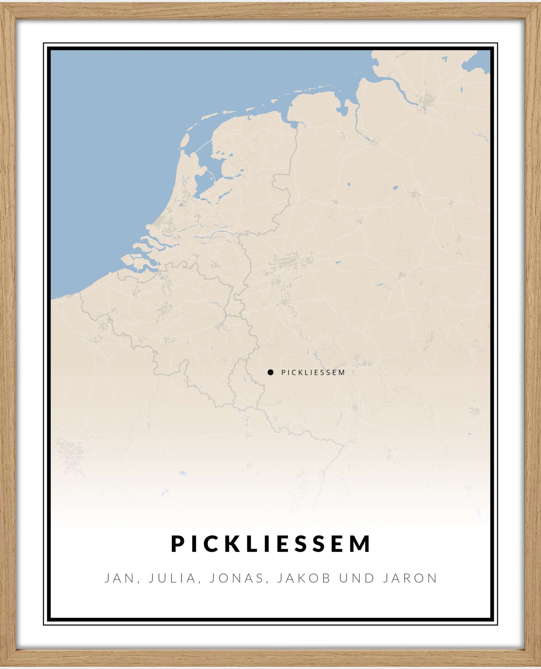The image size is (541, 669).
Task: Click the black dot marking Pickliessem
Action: click(x=270, y=372)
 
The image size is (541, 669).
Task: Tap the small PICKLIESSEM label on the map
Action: click(x=313, y=372)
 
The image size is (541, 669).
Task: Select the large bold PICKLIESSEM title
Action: click(x=271, y=544)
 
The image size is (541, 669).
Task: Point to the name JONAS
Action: click(x=237, y=578)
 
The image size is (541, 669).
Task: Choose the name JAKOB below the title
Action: click(x=304, y=578)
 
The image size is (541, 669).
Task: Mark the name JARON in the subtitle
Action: click(x=410, y=578)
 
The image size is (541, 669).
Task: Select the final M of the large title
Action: click(x=362, y=544)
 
